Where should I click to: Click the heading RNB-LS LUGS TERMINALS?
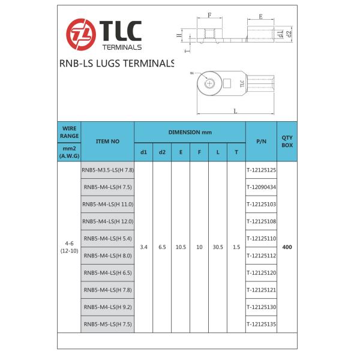pyautogui.click(x=117, y=63)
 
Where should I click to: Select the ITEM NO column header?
pyautogui.click(x=107, y=141)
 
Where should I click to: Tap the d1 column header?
pyautogui.click(x=143, y=152)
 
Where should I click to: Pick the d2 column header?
pyautogui.click(x=162, y=152)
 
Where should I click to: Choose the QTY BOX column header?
pyautogui.click(x=287, y=141)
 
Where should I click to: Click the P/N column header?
pyautogui.click(x=261, y=141)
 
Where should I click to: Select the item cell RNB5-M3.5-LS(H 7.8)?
pyautogui.click(x=107, y=170)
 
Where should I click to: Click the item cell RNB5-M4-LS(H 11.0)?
pyautogui.click(x=107, y=204)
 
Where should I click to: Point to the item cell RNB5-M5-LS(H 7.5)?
pyautogui.click(x=107, y=324)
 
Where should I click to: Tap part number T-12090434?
pyautogui.click(x=261, y=187)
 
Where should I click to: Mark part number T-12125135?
pyautogui.click(x=261, y=324)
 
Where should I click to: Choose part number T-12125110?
pyautogui.click(x=261, y=238)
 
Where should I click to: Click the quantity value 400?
pyautogui.click(x=287, y=247)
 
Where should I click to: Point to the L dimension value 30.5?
pyautogui.click(x=218, y=247)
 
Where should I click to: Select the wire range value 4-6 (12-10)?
pyautogui.click(x=69, y=247)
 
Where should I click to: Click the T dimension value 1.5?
pyautogui.click(x=236, y=247)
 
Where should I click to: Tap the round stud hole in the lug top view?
pyautogui.click(x=209, y=83)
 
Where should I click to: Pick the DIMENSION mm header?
pyautogui.click(x=190, y=132)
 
